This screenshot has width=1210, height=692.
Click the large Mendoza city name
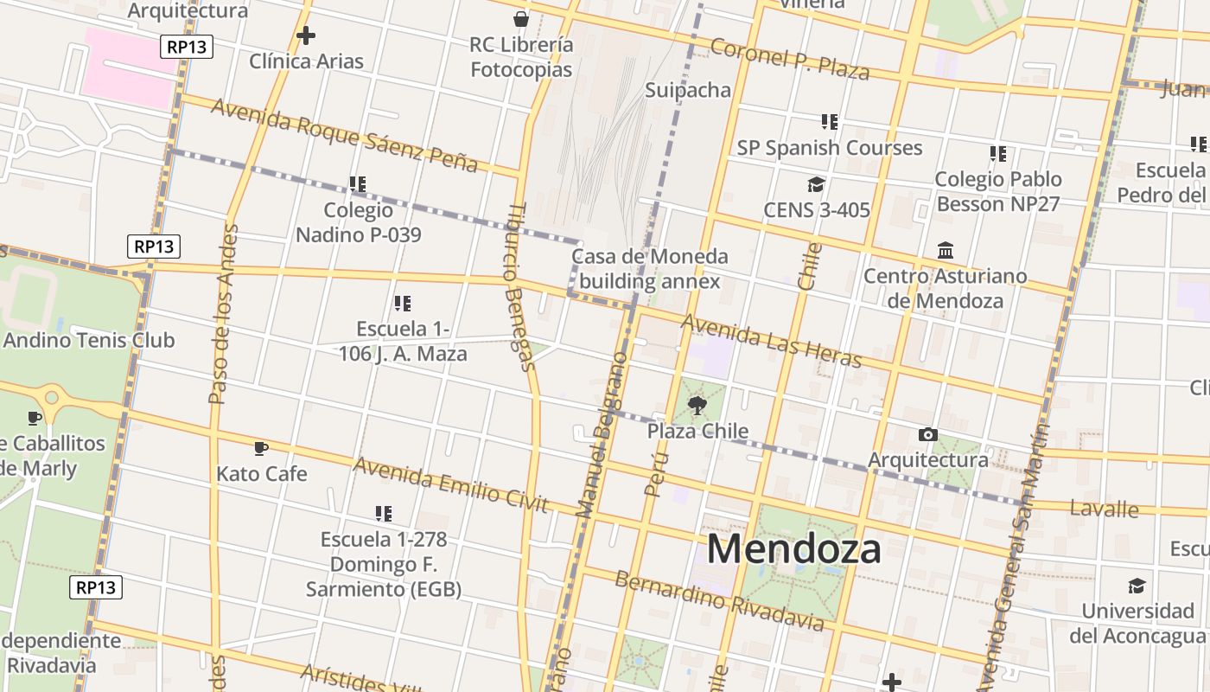click(794, 548)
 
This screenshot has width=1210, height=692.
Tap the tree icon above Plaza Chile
click(697, 405)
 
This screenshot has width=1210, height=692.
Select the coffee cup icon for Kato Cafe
click(261, 448)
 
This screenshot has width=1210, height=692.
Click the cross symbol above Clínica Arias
click(305, 35)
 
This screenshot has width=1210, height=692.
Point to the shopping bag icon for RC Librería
click(521, 18)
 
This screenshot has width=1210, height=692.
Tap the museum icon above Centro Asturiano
click(946, 251)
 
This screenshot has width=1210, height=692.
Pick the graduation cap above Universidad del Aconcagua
click(1137, 586)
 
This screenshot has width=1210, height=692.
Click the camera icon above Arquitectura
click(927, 434)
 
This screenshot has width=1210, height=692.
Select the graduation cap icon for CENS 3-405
click(816, 184)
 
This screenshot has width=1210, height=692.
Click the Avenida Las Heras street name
click(772, 340)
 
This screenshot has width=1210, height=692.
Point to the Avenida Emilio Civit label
click(450, 484)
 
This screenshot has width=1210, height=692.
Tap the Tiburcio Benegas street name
click(519, 286)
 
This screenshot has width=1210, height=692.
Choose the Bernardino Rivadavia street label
click(719, 599)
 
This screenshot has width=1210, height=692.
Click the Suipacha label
click(688, 90)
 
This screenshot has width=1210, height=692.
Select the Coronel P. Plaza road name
click(790, 59)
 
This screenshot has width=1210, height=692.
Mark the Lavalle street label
click(1104, 509)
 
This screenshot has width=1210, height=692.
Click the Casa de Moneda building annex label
click(649, 268)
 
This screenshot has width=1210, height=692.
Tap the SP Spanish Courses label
click(829, 148)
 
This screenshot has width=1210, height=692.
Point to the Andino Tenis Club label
click(89, 340)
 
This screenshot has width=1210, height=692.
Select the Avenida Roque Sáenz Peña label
click(344, 135)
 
